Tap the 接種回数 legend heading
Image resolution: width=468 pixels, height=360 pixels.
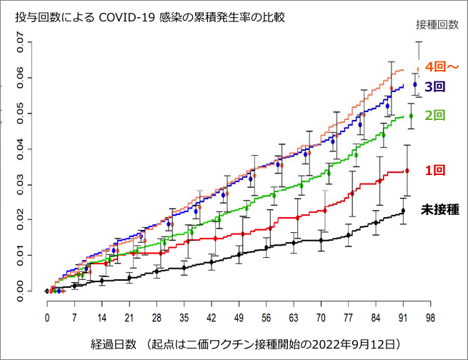437,24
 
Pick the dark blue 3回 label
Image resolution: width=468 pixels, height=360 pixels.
435,87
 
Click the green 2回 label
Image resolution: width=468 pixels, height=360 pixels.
435,115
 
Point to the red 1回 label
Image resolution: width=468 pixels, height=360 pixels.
434,171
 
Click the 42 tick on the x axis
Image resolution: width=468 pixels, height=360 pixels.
211,317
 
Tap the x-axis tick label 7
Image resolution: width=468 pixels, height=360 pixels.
74,317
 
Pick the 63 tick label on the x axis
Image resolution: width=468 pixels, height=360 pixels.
294,317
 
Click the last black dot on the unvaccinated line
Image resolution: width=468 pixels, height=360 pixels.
403,211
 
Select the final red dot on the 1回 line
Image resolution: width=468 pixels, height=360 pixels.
407,171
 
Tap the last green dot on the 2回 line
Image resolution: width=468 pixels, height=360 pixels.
411,116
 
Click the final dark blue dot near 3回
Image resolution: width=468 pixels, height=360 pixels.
415,85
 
